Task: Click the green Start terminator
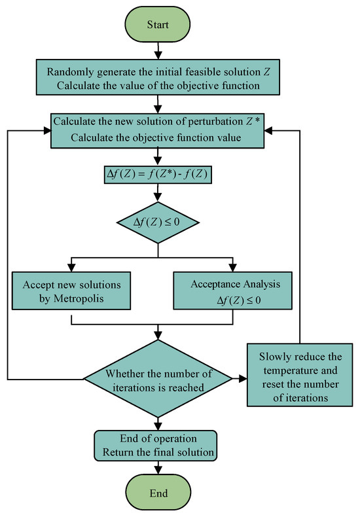click(158, 24)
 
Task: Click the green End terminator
click(158, 493)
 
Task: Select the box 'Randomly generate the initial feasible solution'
click(158, 77)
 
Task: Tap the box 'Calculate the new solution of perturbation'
click(157, 130)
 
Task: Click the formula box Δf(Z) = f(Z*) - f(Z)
click(158, 175)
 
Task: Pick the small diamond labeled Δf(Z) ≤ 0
click(158, 222)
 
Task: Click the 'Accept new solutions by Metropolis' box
click(71, 291)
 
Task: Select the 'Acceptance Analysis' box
click(232, 291)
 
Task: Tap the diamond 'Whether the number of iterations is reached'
click(158, 379)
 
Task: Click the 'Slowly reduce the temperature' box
click(300, 375)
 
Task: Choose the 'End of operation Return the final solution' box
click(156, 446)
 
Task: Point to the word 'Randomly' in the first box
click(66, 72)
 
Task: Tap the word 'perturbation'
click(215, 122)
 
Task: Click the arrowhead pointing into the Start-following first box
click(158, 56)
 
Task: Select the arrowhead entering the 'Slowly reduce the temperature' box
click(243, 379)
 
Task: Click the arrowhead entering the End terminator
click(158, 471)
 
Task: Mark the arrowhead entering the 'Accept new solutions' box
click(71, 268)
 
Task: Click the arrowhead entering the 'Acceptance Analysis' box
click(232, 268)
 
